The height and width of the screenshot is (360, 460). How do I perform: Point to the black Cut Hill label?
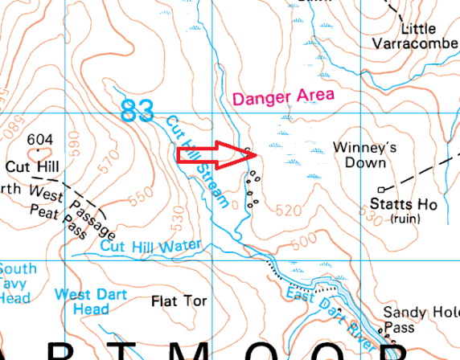29,167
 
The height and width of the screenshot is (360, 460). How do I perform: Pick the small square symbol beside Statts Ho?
382,190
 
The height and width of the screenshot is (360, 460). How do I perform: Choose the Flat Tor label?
179,301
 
